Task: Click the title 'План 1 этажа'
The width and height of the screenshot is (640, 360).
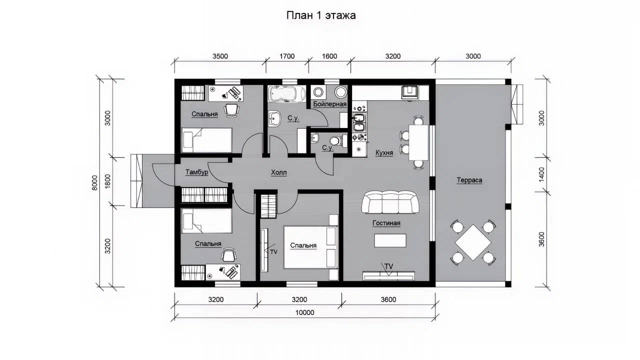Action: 321,15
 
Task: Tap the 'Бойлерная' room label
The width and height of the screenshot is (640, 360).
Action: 329,104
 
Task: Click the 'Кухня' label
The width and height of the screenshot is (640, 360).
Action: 384,153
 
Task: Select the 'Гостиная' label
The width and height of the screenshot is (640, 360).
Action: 386,223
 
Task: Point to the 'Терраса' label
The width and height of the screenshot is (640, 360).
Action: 469,180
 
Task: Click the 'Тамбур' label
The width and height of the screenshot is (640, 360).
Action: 196,172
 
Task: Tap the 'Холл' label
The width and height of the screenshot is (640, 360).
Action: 278,172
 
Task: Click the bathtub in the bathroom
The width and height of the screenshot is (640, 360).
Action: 286,94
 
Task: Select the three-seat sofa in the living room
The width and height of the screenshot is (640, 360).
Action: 390,202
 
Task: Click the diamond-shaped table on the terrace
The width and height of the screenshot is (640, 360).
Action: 473,242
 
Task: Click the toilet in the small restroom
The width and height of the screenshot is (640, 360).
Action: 336,141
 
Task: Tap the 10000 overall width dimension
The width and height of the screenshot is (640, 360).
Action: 304,312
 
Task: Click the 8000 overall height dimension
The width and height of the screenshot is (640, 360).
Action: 95,183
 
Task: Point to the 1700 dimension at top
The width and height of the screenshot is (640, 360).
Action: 287,56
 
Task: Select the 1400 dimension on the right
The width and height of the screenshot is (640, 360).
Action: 541,174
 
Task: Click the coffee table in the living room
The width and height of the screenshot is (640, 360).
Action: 390,240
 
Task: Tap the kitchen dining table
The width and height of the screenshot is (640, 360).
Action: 419,142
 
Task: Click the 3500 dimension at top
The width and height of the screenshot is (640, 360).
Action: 220,56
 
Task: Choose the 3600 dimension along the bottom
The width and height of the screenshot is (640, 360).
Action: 388,299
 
